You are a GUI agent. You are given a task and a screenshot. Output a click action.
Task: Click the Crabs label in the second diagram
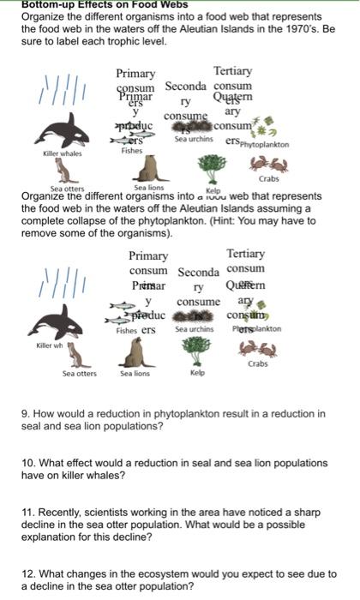point(258,364)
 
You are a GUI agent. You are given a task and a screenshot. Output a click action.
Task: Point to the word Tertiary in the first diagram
point(232,70)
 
